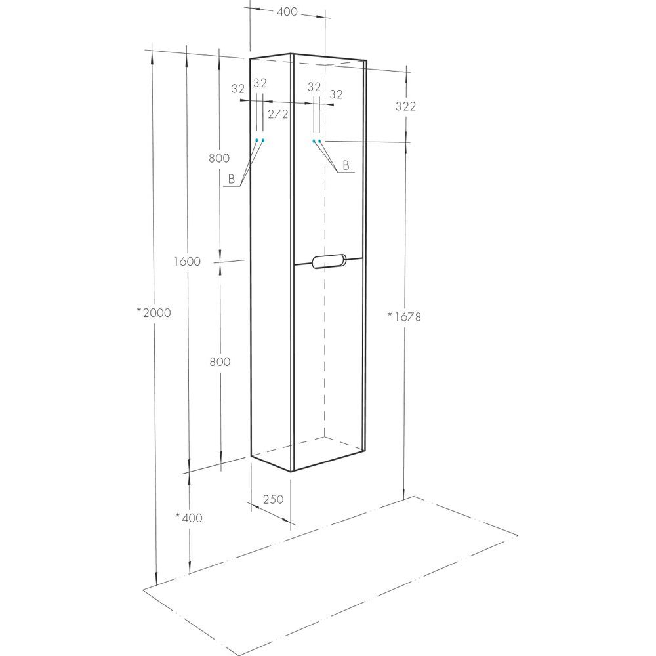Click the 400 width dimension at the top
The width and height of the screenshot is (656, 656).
click(x=287, y=12)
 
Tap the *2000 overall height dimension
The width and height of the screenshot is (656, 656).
click(x=154, y=312)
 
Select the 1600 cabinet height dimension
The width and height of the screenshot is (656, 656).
click(x=187, y=262)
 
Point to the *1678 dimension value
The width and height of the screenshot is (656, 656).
click(x=404, y=317)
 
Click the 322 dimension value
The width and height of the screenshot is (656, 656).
click(x=405, y=106)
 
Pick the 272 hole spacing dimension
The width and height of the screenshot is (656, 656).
click(x=277, y=113)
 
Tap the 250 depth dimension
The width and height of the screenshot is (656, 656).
click(x=273, y=499)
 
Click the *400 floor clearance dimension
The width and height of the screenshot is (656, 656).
click(x=189, y=518)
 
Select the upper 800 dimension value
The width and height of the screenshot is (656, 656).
click(x=219, y=157)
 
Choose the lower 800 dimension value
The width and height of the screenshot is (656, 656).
click(x=220, y=361)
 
